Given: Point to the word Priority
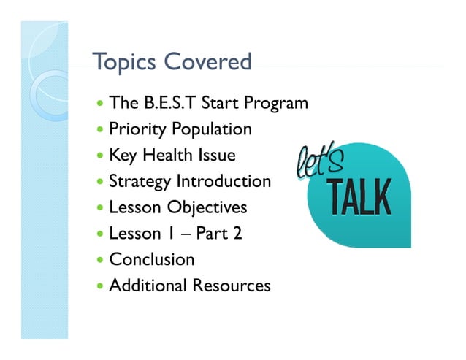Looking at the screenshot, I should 137,130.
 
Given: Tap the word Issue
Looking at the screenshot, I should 215,156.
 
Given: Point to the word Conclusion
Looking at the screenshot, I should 152,259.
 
